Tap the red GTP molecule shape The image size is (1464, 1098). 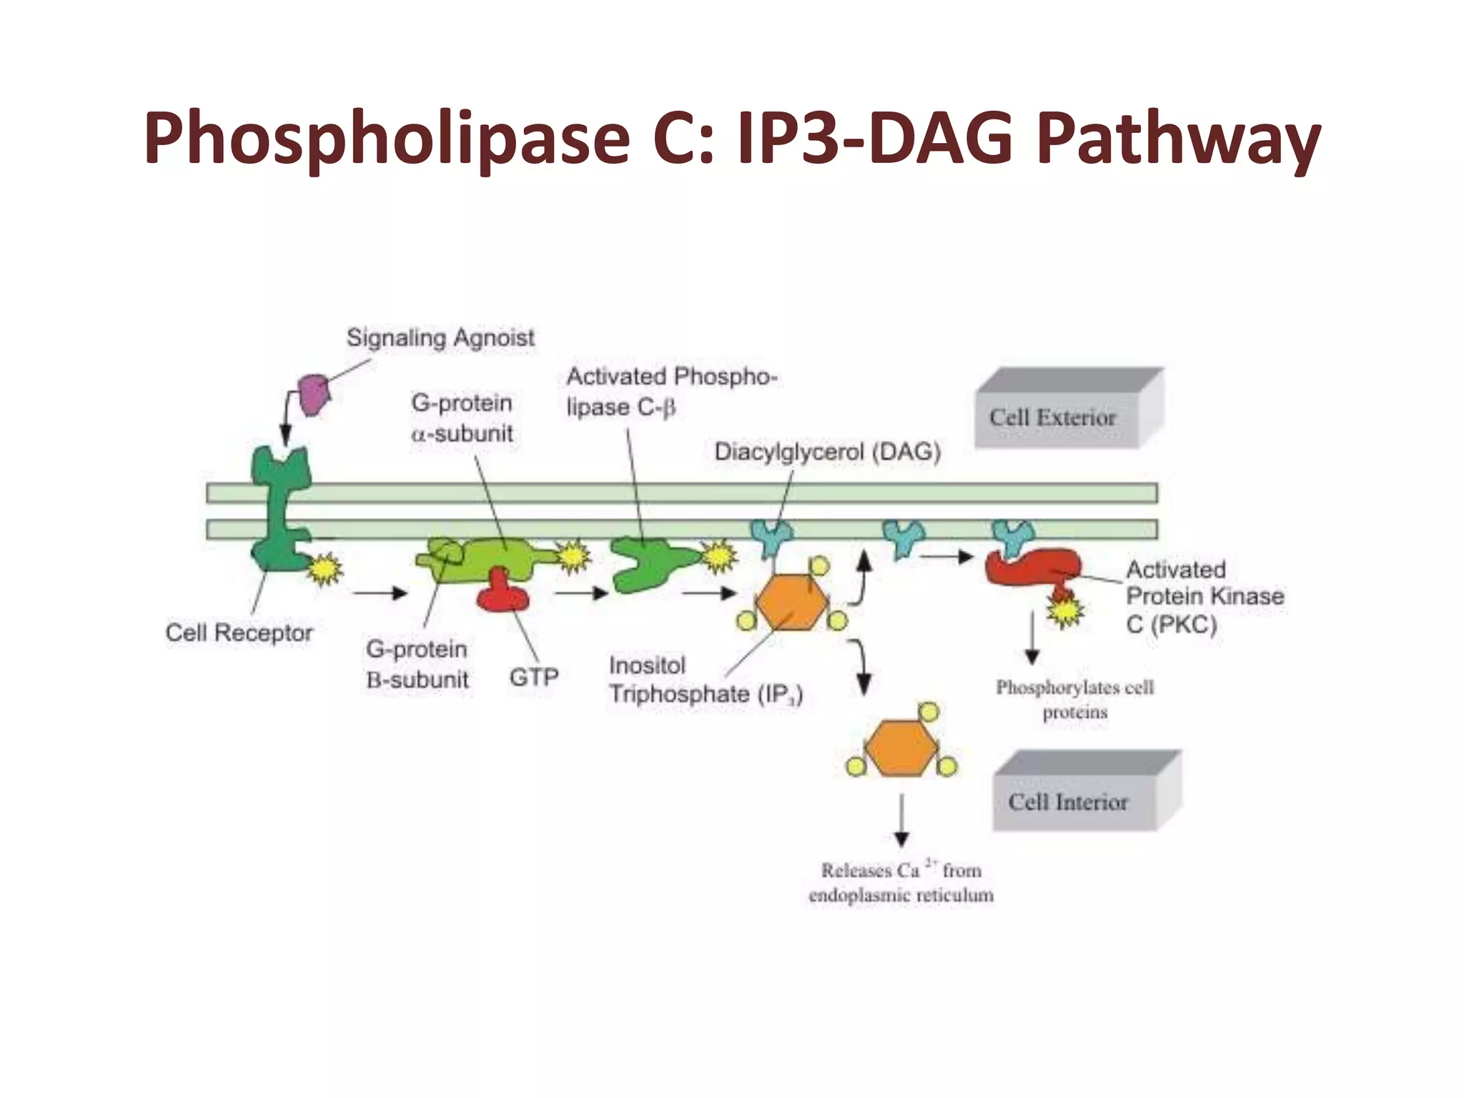(502, 593)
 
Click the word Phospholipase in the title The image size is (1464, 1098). (386, 139)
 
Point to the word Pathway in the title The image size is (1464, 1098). (1178, 139)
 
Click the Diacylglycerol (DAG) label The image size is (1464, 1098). (828, 452)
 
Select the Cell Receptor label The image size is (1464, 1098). (239, 633)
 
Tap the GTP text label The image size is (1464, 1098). (533, 676)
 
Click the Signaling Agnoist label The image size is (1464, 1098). (440, 337)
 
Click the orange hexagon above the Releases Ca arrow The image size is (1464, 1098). (901, 748)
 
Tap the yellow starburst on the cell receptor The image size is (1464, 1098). (326, 569)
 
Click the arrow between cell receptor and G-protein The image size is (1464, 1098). (380, 593)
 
